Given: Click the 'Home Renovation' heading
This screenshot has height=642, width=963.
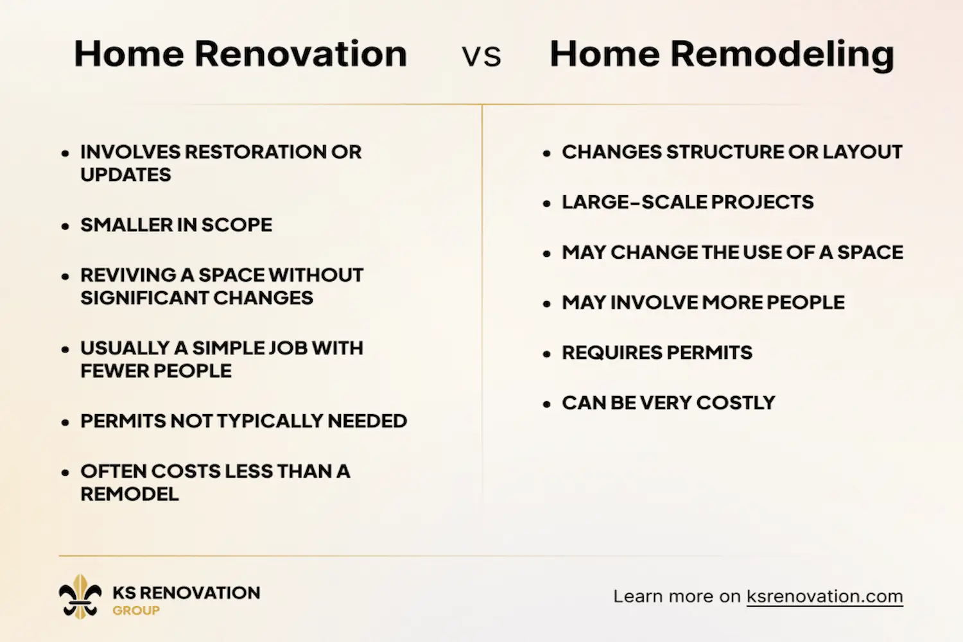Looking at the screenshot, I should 240,54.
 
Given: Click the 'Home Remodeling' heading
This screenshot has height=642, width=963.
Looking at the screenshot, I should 722,54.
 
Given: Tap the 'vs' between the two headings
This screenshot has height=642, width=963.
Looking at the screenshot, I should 481,56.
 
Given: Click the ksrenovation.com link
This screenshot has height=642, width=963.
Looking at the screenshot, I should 824,596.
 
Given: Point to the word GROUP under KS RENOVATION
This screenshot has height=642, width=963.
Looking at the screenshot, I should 136,611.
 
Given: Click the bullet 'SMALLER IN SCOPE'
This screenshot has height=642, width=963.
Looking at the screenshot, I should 176,225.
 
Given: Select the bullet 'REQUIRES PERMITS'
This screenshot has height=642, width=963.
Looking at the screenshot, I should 657,352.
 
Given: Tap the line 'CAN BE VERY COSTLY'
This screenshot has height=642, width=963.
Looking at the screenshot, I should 668,403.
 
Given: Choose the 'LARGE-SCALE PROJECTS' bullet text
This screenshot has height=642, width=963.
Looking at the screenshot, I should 688,202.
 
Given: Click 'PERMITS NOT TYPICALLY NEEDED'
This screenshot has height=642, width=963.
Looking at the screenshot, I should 243,421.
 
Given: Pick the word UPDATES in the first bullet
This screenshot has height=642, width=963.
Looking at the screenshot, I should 126,175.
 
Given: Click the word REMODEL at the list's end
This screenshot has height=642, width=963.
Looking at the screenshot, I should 130,494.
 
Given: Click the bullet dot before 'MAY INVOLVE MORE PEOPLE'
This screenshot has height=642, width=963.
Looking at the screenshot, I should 547,304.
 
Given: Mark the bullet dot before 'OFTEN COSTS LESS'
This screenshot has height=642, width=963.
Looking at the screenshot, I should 65,473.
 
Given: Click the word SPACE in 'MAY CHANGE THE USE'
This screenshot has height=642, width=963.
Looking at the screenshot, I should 870,252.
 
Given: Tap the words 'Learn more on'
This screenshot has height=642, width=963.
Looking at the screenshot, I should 677,596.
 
